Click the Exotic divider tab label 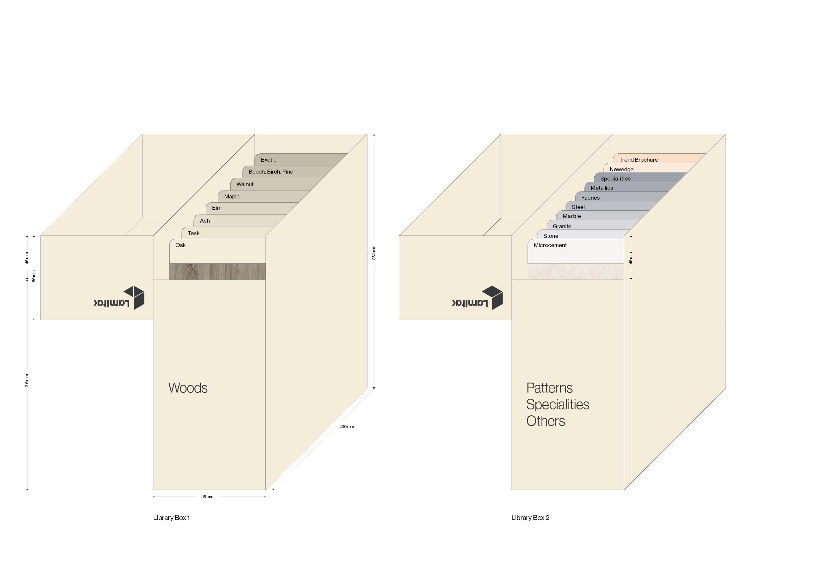tap(268, 160)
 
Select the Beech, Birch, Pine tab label tap(271, 172)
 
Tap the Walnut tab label tap(245, 185)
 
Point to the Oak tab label tap(181, 245)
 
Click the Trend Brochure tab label tap(638, 160)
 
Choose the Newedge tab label tap(622, 169)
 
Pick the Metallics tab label tap(601, 188)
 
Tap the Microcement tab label tap(550, 245)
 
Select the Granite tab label tap(562, 226)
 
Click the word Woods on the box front tap(188, 388)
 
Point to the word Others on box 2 tap(545, 421)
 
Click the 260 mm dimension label tap(374, 253)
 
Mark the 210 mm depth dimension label tap(347, 427)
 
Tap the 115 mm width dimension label tap(207, 497)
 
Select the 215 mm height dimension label tap(27, 381)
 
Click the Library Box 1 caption tap(172, 518)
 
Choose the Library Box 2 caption tap(530, 518)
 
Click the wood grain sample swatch tap(217, 272)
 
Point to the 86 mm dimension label tap(34, 276)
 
